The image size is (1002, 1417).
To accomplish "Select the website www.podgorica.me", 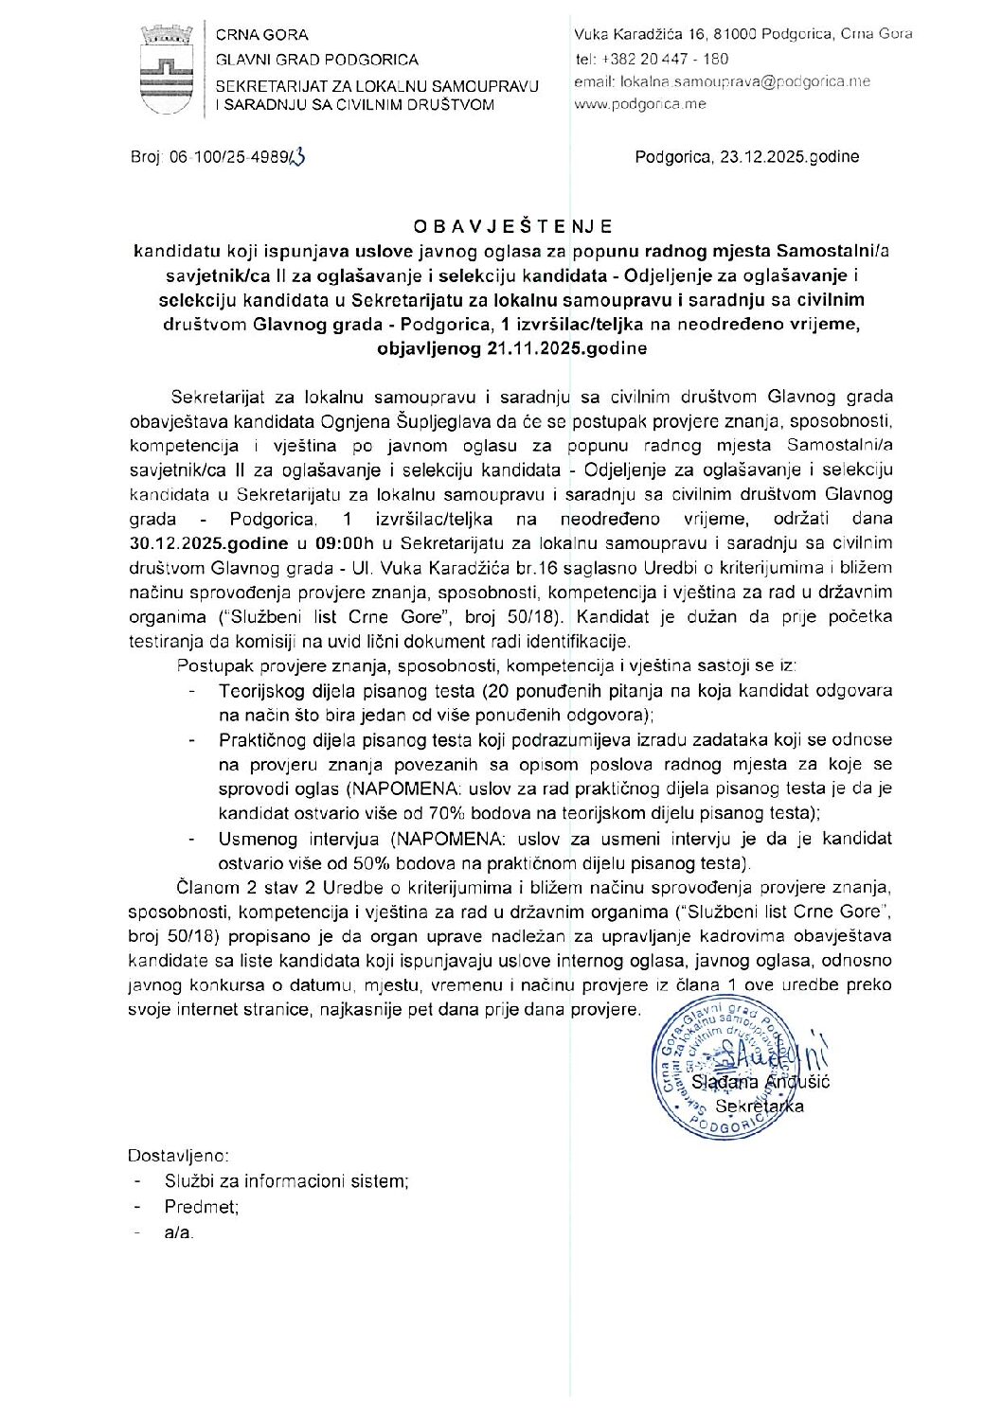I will point(640,104).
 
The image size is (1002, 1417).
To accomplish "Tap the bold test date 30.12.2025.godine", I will point(209,543).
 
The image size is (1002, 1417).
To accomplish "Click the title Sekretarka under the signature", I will point(760,1106).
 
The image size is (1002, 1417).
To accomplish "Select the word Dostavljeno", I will point(177,1156).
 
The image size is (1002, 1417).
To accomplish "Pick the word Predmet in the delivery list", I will point(201,1207).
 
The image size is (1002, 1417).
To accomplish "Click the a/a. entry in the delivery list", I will point(179,1232).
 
